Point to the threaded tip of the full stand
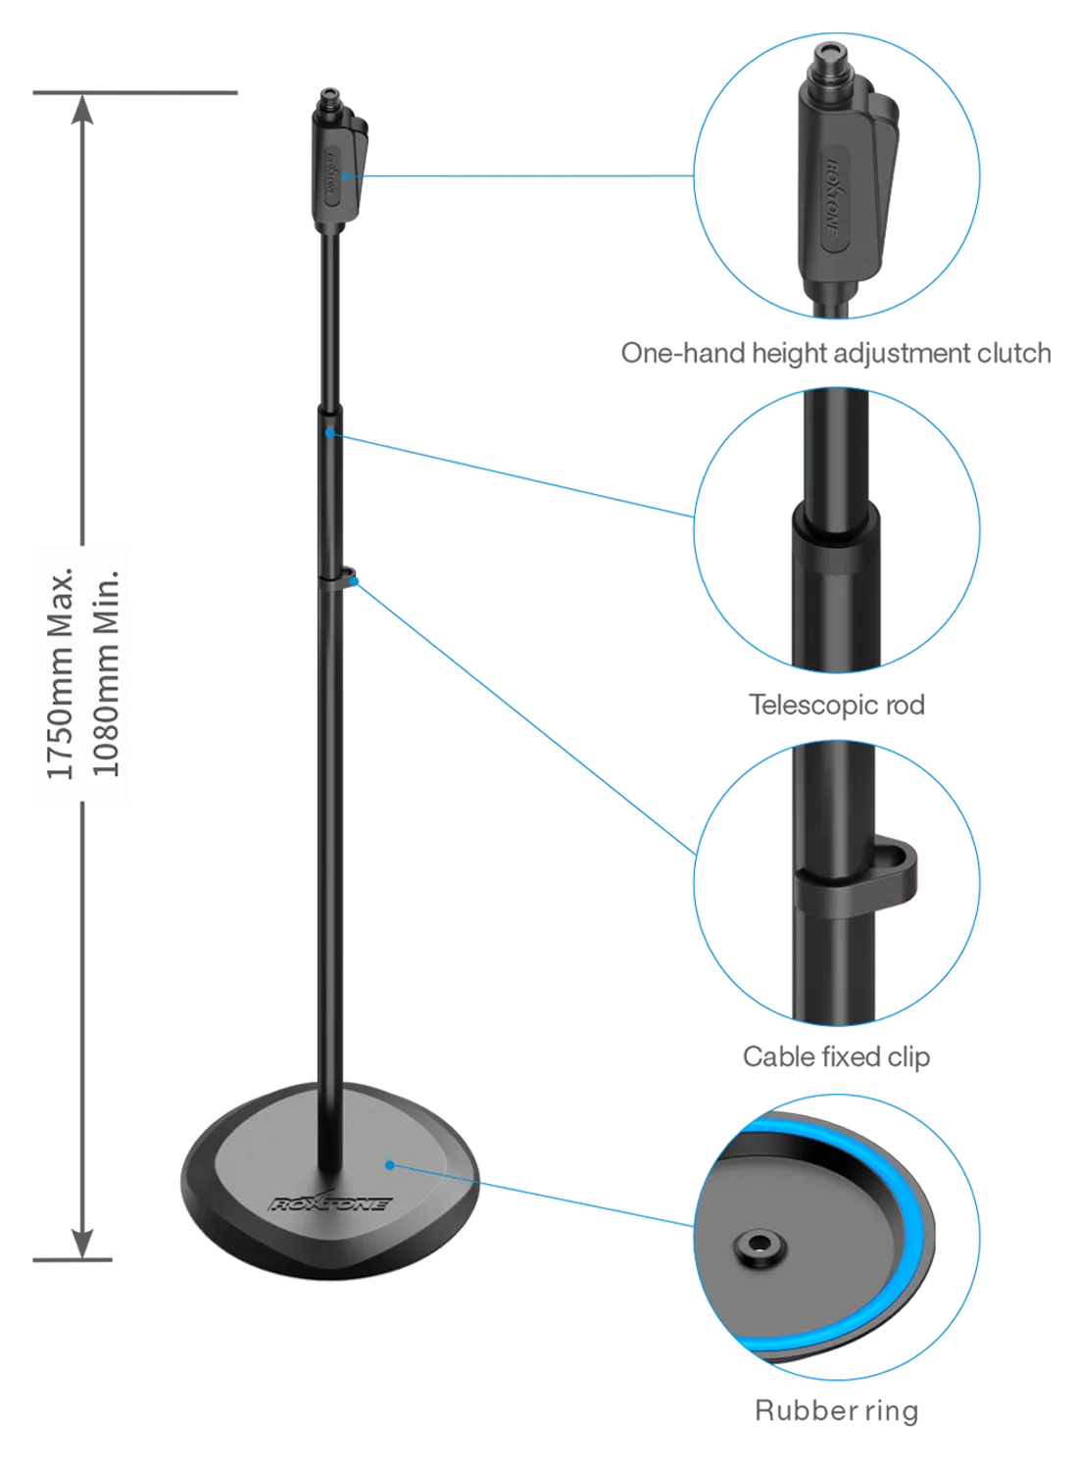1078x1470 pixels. click(327, 101)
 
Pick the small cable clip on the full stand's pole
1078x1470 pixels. click(346, 574)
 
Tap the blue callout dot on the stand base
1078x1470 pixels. click(390, 1165)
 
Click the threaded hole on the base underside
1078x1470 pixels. click(756, 1249)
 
